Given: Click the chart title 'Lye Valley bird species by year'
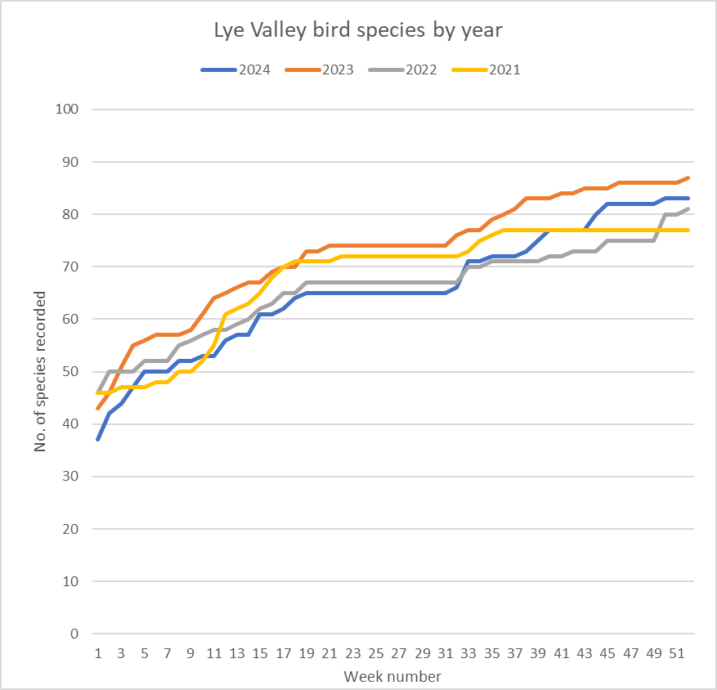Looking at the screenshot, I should tap(358, 31).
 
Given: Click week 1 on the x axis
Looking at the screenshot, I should tap(98, 654).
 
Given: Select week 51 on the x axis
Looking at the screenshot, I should tap(677, 654).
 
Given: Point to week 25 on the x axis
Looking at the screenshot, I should tap(376, 654).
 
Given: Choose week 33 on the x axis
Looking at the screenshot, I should tap(468, 654).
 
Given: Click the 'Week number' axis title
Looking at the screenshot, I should tap(392, 677).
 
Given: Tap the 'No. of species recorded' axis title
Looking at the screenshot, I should tap(39, 371).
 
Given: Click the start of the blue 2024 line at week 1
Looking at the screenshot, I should tap(98, 440).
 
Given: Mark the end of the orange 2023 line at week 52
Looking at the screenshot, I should tap(688, 177).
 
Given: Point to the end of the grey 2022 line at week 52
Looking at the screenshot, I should tap(688, 209).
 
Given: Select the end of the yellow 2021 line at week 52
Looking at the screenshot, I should tap(688, 231).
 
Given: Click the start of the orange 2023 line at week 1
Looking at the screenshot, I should tap(98, 408).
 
